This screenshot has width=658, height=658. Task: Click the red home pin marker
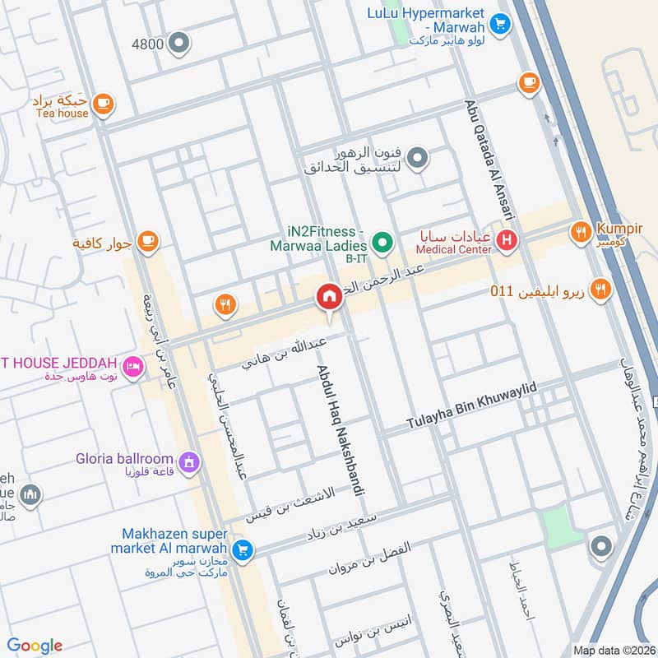(329, 297)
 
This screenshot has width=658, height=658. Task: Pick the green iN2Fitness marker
(381, 242)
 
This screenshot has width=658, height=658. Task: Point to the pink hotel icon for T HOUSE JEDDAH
(132, 364)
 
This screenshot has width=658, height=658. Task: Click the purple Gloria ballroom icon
(190, 463)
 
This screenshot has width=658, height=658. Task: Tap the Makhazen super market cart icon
(242, 550)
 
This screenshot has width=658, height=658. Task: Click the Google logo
(35, 646)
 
